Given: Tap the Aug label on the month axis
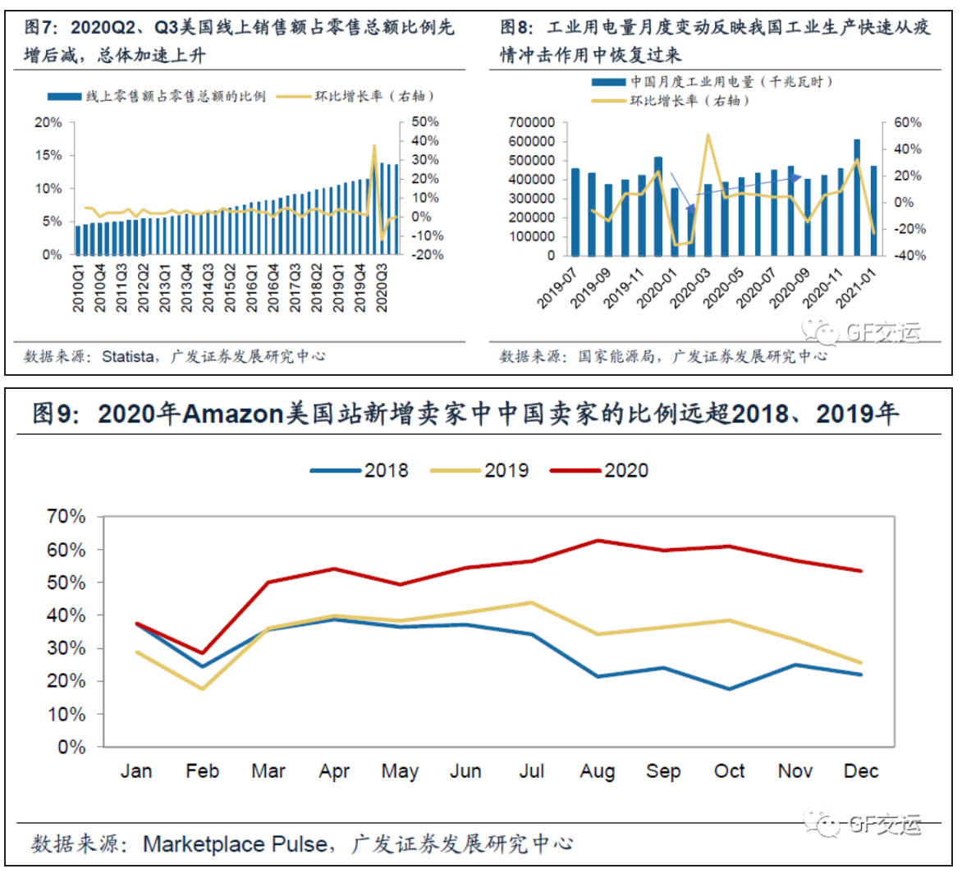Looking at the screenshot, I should tap(597, 771).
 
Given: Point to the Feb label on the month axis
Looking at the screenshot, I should tap(202, 771).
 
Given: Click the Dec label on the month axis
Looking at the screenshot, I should tap(861, 771).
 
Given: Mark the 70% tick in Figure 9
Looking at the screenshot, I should tap(66, 517).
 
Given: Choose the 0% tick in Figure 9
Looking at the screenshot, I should tap(71, 748).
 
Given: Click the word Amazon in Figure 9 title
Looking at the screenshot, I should tap(233, 414).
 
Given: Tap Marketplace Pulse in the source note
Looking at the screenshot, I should tap(236, 844).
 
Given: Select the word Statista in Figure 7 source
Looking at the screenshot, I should tap(127, 357).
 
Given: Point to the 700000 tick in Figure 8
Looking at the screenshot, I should tap(531, 122).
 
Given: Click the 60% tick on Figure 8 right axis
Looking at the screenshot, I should tap(907, 122).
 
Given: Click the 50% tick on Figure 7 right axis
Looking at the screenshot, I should tap(425, 121).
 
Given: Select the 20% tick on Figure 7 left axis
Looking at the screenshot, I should tap(48, 122).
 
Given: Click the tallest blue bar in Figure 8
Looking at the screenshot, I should tap(857, 197).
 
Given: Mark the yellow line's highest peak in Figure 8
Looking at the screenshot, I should tap(708, 135).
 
